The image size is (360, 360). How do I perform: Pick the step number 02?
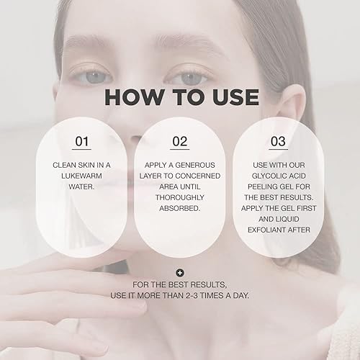pyautogui.click(x=180, y=142)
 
